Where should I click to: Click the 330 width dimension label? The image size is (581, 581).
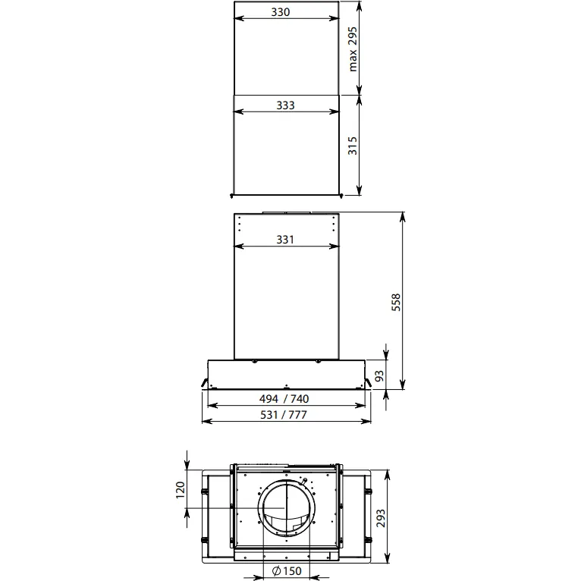point(280,12)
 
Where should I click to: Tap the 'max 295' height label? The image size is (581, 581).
point(353,49)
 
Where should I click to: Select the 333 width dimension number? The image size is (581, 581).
point(285,105)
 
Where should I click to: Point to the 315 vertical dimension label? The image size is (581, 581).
point(353,146)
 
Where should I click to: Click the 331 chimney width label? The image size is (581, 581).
point(285,240)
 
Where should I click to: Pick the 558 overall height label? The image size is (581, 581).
point(396,302)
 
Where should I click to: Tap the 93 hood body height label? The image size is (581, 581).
point(379,375)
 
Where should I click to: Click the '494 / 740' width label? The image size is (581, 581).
point(284,399)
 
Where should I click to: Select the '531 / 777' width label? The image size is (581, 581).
point(284,415)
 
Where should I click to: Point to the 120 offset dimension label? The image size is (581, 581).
point(180,490)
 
